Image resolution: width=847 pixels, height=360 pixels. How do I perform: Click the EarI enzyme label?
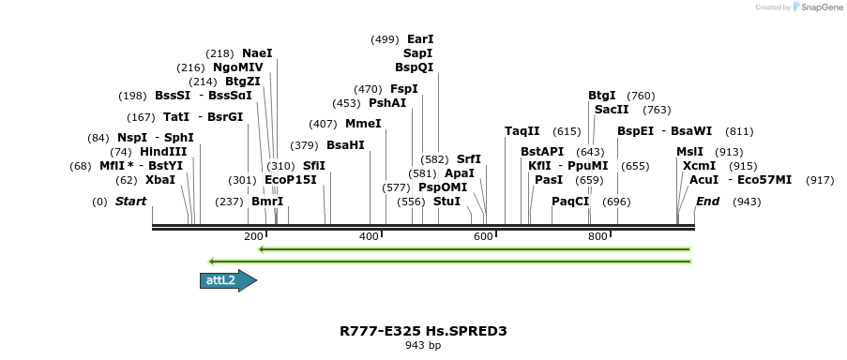pos(420,39)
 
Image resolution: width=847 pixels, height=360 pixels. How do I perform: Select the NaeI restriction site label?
pos(257,53)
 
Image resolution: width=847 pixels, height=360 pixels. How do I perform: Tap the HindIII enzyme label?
pos(163,152)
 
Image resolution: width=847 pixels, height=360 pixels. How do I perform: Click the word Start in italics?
pos(130,202)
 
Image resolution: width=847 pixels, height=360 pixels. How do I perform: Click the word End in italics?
pos(708,202)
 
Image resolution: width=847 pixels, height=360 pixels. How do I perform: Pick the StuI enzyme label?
pos(446,202)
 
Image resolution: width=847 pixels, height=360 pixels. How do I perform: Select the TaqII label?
pos(522,131)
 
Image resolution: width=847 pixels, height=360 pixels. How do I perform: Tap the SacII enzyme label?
pos(612,110)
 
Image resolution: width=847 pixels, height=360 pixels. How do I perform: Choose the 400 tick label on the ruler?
pos(369,237)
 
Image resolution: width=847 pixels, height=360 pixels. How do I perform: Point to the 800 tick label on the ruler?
pos(597,237)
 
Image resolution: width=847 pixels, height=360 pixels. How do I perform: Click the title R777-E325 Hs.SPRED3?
pos(423,331)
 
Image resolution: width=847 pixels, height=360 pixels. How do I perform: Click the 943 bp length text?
pos(423,345)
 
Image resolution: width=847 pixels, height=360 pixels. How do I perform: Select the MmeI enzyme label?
pos(363,124)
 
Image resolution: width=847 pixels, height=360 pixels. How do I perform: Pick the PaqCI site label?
pos(570,202)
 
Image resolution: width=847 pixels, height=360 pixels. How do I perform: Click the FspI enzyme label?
pos(404,89)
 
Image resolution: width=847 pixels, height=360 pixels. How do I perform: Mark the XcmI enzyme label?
pos(699,165)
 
